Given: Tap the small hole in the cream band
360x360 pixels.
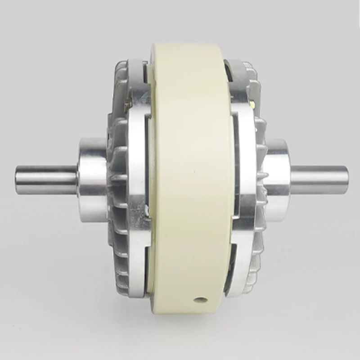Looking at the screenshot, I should [199, 299].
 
